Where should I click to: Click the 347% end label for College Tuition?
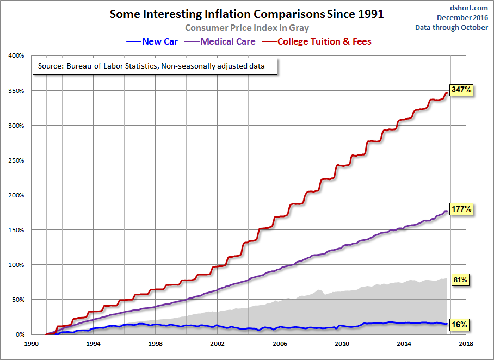pyautogui.click(x=461, y=91)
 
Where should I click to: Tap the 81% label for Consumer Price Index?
pyautogui.click(x=460, y=280)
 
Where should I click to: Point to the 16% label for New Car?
pyautogui.click(x=460, y=325)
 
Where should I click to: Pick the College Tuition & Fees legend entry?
pyautogui.click(x=317, y=41)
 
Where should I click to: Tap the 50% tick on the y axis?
pyautogui.click(x=16, y=300)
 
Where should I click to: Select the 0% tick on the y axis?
pyautogui.click(x=18, y=334)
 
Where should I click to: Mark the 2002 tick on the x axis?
pyautogui.click(x=218, y=344)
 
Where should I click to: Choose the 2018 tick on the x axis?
pyautogui.click(x=466, y=344)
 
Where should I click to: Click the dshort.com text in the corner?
pyautogui.click(x=470, y=8)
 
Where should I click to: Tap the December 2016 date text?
pyautogui.click(x=462, y=17)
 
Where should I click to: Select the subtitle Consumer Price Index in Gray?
pyautogui.click(x=247, y=28)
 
